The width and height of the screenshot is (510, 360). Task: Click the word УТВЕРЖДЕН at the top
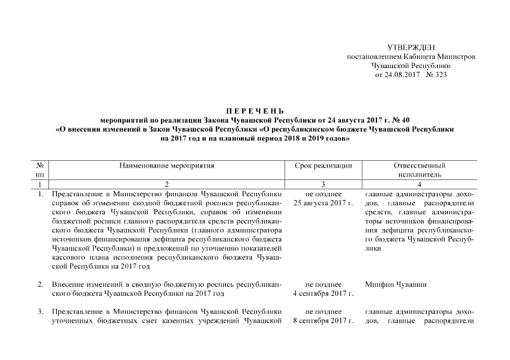coord(412,47)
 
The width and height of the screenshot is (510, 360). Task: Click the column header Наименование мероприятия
coord(167,166)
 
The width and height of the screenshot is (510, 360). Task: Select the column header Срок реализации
coord(323,166)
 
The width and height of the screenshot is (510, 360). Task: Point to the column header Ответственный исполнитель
coord(419,170)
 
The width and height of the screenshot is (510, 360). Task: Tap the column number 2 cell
coord(167,184)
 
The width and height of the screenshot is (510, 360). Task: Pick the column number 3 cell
coord(323,184)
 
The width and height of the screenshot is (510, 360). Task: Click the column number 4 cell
coord(419,184)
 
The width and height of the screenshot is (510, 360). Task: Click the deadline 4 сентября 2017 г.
coord(323,294)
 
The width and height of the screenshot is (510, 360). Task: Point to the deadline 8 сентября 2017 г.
coord(323,321)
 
